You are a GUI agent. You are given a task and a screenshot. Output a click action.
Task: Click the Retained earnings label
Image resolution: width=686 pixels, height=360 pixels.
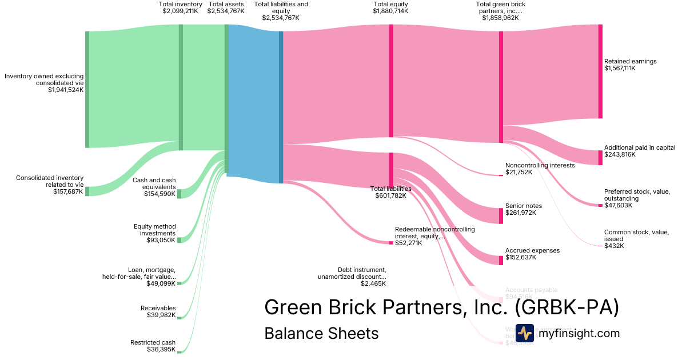point(630,61)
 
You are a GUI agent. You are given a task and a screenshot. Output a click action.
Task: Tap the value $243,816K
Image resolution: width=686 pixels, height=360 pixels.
point(620,154)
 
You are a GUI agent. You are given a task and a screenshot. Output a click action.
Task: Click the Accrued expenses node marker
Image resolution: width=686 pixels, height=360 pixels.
point(501,257)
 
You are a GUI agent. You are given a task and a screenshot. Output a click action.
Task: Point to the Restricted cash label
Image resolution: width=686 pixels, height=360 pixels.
point(153,342)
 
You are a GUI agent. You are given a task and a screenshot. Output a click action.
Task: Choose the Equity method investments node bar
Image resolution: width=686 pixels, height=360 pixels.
point(179,240)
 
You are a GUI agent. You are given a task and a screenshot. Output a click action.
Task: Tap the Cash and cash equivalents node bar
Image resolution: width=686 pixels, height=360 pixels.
point(179,194)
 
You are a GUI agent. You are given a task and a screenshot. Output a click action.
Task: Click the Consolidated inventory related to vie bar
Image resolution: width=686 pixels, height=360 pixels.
point(87,191)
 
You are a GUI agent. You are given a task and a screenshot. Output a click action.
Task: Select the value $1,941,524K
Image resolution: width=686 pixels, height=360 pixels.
point(66,90)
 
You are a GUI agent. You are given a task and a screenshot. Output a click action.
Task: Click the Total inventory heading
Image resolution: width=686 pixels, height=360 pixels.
point(181,4)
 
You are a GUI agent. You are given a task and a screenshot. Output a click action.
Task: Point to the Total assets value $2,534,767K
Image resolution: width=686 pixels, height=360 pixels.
point(226,11)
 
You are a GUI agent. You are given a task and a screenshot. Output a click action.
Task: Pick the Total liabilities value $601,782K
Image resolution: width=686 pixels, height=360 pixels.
point(390,195)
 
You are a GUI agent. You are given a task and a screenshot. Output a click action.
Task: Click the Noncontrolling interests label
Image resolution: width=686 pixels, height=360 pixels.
point(540,165)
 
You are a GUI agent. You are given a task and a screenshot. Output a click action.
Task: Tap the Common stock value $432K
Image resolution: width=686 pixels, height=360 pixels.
point(614,246)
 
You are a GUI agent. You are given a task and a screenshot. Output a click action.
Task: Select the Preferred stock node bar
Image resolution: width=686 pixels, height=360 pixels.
point(600,205)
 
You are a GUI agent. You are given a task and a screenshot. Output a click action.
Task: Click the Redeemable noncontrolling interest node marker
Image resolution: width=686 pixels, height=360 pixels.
point(391,243)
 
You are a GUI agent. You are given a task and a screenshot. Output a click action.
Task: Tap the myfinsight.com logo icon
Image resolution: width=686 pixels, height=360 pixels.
point(524,333)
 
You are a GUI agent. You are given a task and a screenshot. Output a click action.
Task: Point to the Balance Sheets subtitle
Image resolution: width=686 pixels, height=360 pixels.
point(321,333)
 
